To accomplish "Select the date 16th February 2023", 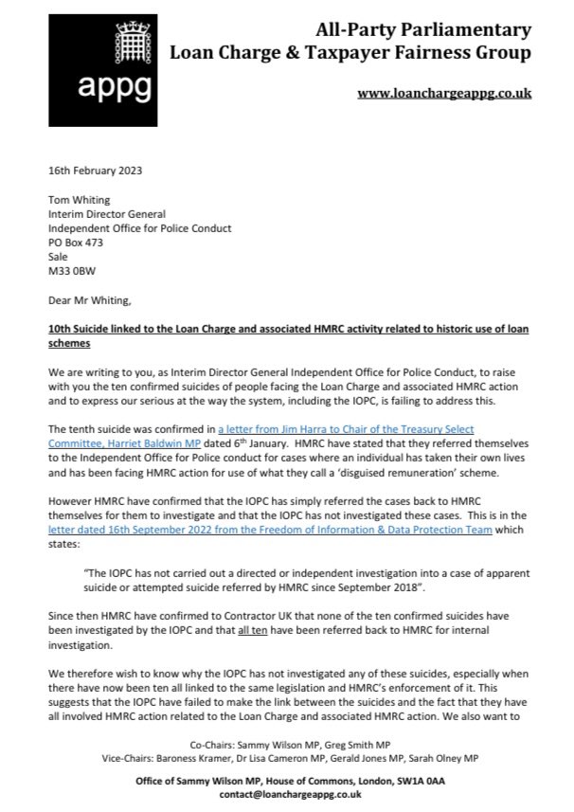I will coord(93,171).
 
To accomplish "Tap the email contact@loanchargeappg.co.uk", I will coord(287,796).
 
